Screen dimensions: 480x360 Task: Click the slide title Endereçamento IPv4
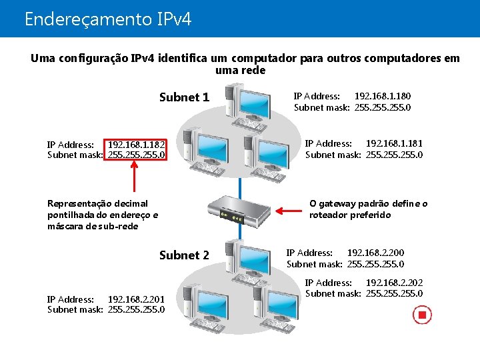(x=107, y=19)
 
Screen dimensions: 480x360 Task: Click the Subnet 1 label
(x=184, y=97)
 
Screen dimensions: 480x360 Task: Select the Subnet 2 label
(x=184, y=255)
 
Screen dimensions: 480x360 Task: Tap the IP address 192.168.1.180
(x=382, y=96)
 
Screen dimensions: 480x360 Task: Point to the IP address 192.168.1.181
(x=394, y=143)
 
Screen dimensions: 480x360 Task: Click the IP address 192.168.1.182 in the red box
(x=136, y=144)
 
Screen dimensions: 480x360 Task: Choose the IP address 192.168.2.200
(x=375, y=253)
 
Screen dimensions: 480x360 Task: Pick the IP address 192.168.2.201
(x=136, y=299)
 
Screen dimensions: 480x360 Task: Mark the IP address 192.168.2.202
(x=394, y=283)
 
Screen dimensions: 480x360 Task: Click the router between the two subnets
(x=239, y=211)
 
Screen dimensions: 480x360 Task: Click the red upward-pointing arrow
(x=136, y=180)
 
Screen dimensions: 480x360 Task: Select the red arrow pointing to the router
(x=288, y=211)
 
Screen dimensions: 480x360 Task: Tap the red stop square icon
(x=422, y=314)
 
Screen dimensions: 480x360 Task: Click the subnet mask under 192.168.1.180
(x=382, y=107)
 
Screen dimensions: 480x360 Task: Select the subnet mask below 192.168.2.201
(x=136, y=309)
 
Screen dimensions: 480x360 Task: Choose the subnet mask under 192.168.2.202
(x=394, y=294)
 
